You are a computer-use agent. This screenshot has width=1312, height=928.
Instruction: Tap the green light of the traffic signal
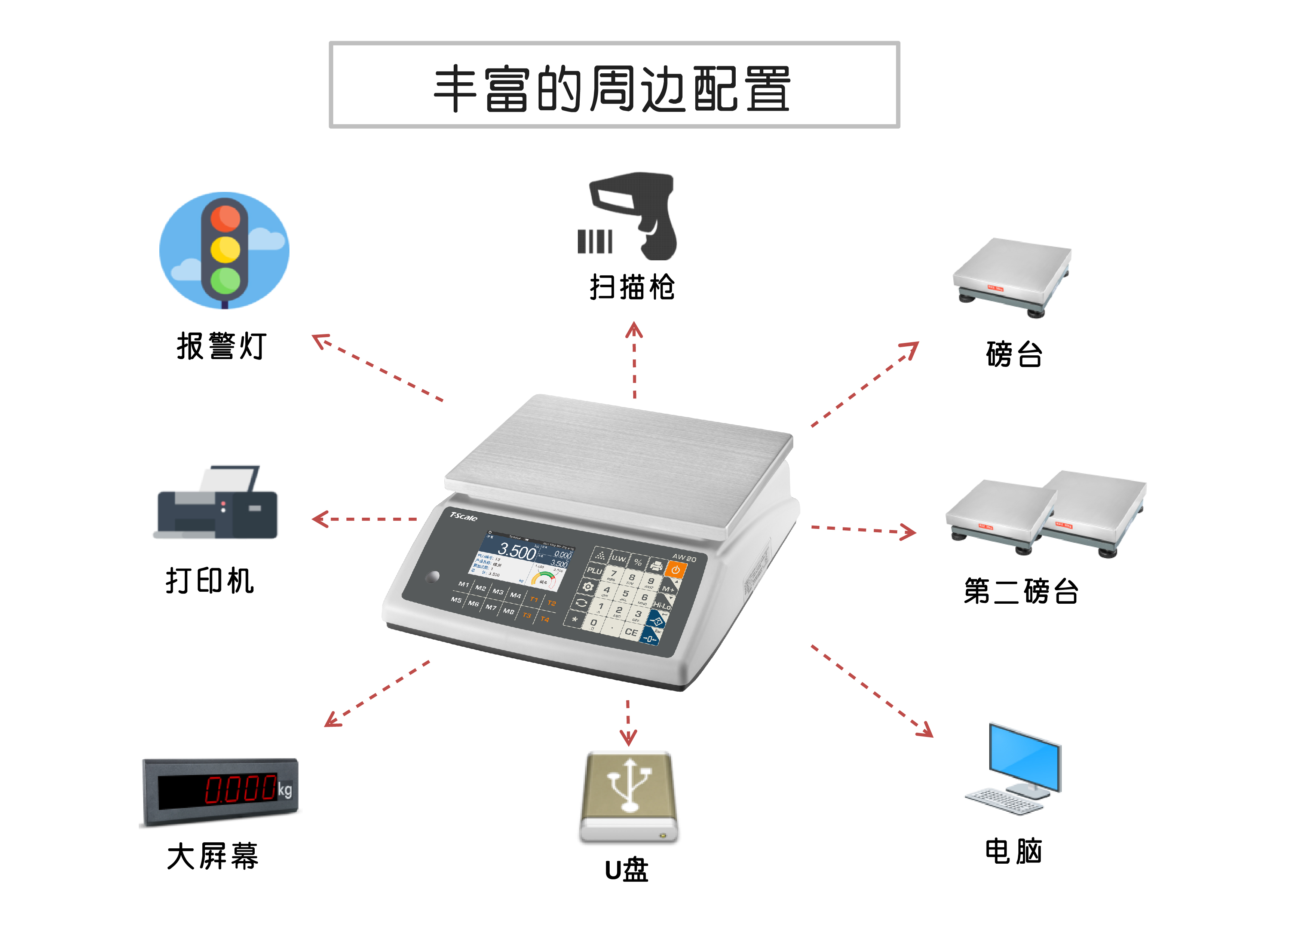pos(225,281)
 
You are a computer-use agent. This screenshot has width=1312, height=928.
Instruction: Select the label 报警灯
pos(221,346)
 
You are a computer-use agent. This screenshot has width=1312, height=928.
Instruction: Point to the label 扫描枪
pos(632,287)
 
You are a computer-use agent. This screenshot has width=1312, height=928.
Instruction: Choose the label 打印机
pos(210,581)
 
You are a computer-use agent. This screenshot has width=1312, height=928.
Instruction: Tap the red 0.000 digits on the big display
pos(240,789)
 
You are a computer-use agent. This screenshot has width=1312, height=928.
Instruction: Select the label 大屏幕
pos(212,856)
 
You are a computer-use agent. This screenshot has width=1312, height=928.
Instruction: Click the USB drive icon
pos(629,797)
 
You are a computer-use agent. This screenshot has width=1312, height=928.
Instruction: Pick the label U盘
pos(626,871)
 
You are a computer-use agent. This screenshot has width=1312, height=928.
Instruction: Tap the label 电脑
pos(1013,851)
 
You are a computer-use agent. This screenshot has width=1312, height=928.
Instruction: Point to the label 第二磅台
pos(1021,591)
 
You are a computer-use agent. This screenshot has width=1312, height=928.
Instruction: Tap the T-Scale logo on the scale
pos(463,517)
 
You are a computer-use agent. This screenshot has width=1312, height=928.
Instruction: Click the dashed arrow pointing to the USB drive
pos(628,723)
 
